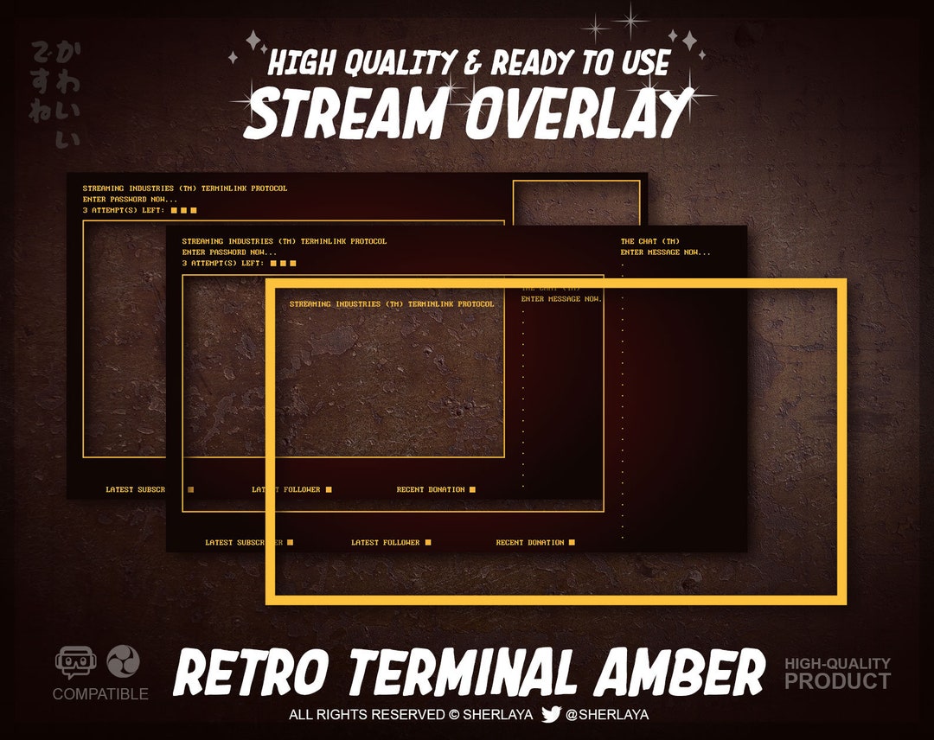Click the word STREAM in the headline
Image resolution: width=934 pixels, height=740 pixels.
(x=348, y=115)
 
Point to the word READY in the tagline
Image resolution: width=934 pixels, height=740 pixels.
(x=528, y=63)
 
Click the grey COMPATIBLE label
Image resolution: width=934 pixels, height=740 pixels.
(x=100, y=694)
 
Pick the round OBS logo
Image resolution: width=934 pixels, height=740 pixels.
(x=123, y=662)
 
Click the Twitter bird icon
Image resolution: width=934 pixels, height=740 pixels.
(x=551, y=715)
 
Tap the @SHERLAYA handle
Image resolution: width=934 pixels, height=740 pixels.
(x=607, y=715)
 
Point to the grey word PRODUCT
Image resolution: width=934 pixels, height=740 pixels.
(x=837, y=681)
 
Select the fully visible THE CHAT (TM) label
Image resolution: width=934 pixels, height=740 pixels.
(x=649, y=241)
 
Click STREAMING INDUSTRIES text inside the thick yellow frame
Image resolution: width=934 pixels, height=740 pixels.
(x=392, y=304)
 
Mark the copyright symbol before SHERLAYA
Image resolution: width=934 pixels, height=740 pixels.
(x=454, y=715)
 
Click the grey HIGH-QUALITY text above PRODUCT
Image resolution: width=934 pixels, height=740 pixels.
(x=837, y=664)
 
